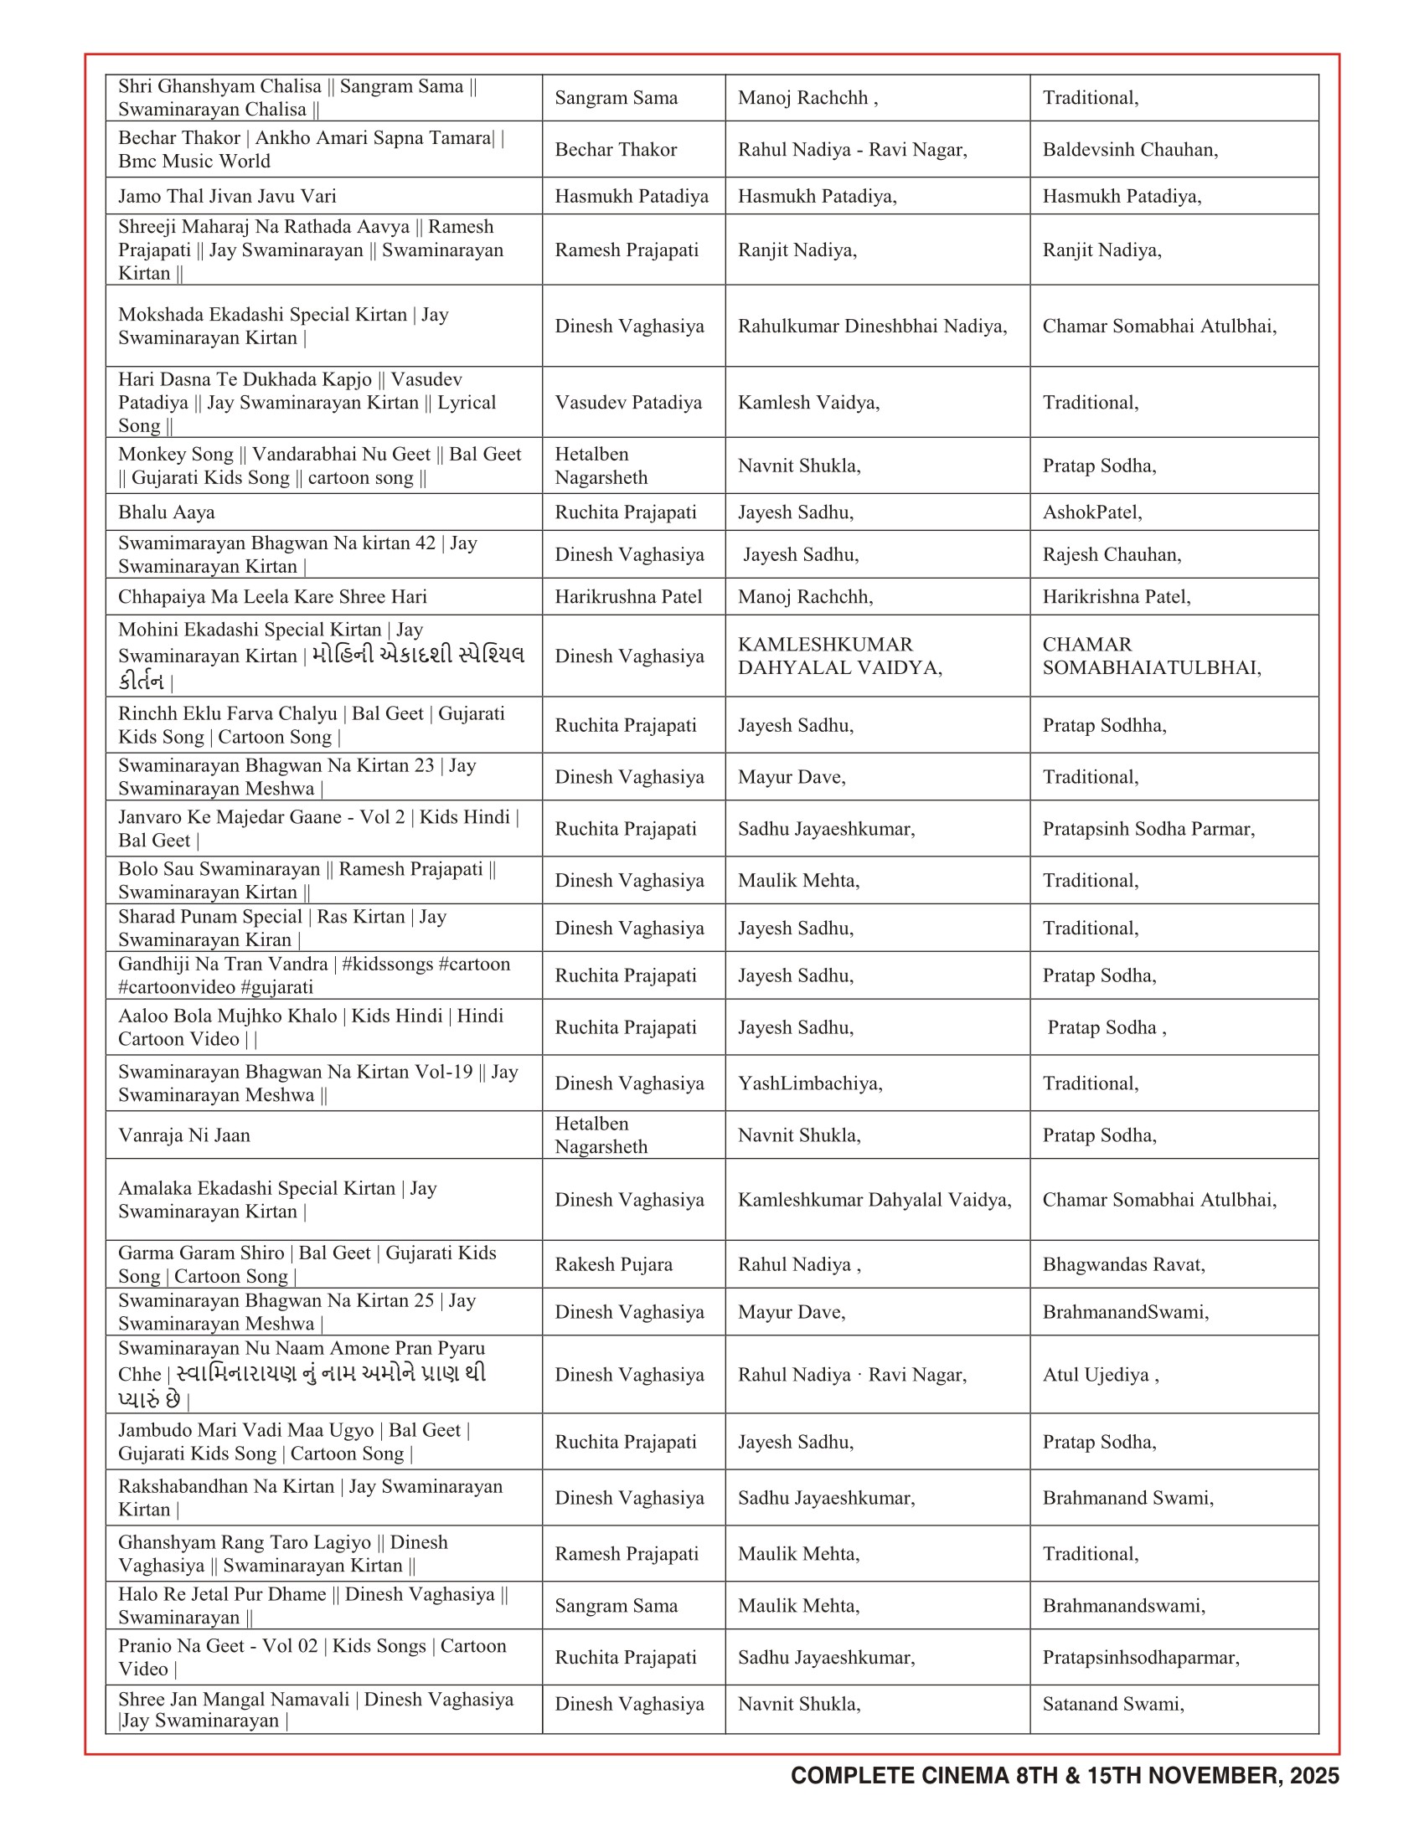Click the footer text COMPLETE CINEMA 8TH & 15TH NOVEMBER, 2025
[1064, 1775]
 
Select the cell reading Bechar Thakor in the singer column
[616, 149]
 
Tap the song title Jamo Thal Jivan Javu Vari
[227, 197]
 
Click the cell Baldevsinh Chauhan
[1130, 149]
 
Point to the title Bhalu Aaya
[166, 512]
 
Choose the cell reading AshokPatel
[1091, 512]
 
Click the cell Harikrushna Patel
[627, 597]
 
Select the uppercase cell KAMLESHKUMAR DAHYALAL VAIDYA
[839, 656]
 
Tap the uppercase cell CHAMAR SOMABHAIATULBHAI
[1152, 656]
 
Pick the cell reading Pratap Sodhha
[1104, 725]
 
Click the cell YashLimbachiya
[810, 1083]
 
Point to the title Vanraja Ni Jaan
[184, 1135]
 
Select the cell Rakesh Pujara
[613, 1264]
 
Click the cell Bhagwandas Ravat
[1123, 1264]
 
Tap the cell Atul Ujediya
[1100, 1375]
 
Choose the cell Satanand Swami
[1112, 1704]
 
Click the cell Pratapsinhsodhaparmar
[1141, 1657]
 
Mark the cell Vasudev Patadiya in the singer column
[627, 402]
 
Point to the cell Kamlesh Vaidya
[808, 402]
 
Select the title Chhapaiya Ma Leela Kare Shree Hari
[272, 597]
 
